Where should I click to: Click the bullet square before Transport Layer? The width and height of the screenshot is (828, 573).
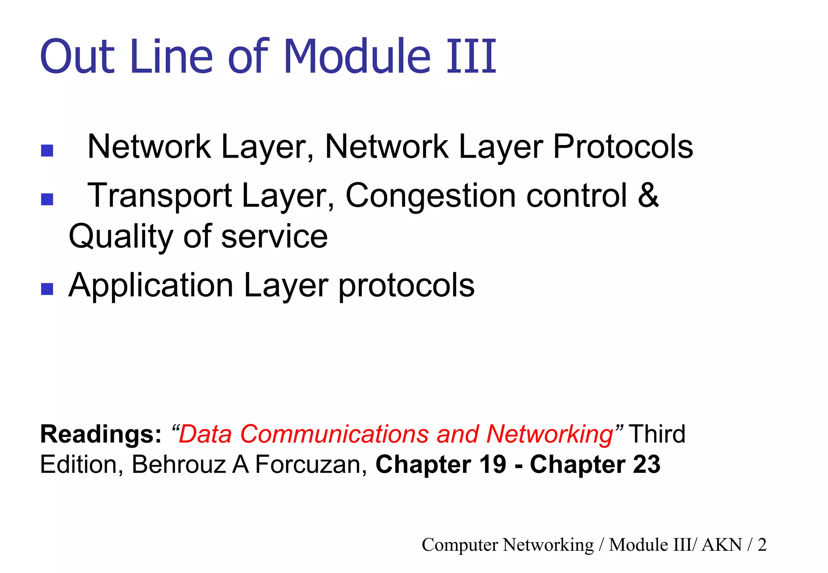pos(47,199)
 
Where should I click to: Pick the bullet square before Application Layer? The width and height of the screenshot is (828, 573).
pos(47,289)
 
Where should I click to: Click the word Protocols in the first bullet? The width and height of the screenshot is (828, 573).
pos(623,147)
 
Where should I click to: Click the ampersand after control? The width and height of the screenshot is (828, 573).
pos(648,196)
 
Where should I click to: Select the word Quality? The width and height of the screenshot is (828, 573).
pos(121,237)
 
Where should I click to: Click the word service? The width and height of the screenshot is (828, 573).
pos(275,237)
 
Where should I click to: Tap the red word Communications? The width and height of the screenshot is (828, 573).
pos(334,434)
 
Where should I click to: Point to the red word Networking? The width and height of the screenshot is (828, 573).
pos(550,434)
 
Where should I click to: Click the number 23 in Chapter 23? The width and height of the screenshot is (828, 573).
pos(646,464)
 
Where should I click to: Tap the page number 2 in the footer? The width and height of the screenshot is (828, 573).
pos(762,545)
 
